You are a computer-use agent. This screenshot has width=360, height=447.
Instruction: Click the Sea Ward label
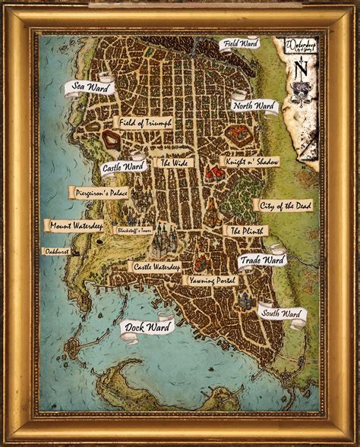[90, 87]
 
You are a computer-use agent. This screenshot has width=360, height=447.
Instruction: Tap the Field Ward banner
[240, 44]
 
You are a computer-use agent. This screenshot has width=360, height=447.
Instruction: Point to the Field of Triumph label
[144, 122]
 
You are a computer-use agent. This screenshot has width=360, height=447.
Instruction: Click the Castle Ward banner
[122, 165]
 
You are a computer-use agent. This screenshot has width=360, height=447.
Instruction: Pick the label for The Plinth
[245, 231]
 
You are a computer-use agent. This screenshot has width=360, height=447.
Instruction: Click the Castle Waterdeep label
[156, 267]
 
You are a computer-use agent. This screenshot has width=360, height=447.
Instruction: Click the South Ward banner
[281, 313]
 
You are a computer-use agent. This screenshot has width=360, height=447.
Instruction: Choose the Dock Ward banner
[147, 328]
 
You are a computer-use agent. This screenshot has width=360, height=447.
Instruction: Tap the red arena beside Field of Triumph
[113, 139]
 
